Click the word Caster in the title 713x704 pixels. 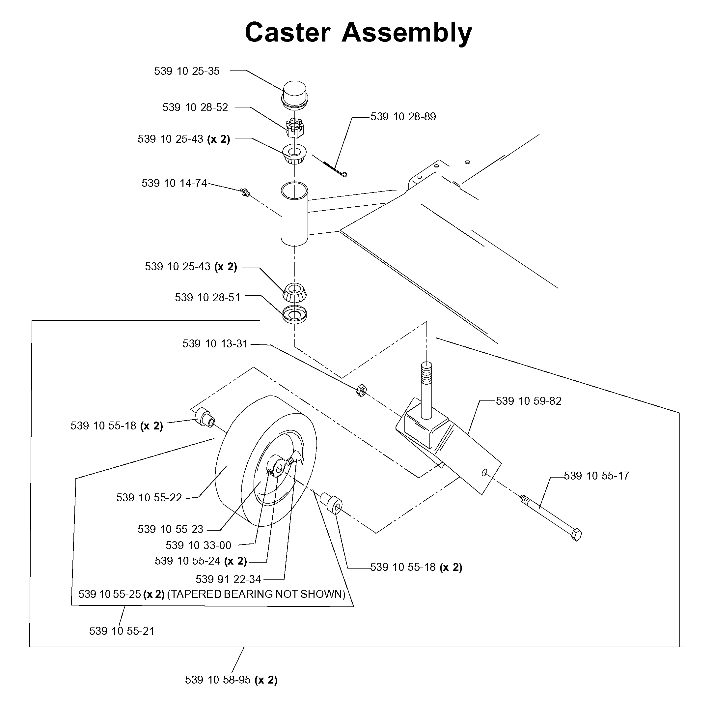click(x=288, y=33)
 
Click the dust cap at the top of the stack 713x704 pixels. click(x=295, y=95)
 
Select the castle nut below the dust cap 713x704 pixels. click(x=295, y=128)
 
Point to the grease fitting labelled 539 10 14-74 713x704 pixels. click(x=245, y=192)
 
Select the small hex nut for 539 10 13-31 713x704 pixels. click(x=361, y=390)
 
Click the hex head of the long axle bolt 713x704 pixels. click(x=576, y=535)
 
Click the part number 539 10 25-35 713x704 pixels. click(x=187, y=71)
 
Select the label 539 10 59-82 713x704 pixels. click(x=529, y=401)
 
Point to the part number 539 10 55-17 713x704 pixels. click(x=596, y=476)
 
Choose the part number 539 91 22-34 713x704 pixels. click(x=229, y=579)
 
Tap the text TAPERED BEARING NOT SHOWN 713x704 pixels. click(x=257, y=594)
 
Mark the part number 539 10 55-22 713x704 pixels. click(x=149, y=498)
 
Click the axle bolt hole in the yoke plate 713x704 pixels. click(x=484, y=473)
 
